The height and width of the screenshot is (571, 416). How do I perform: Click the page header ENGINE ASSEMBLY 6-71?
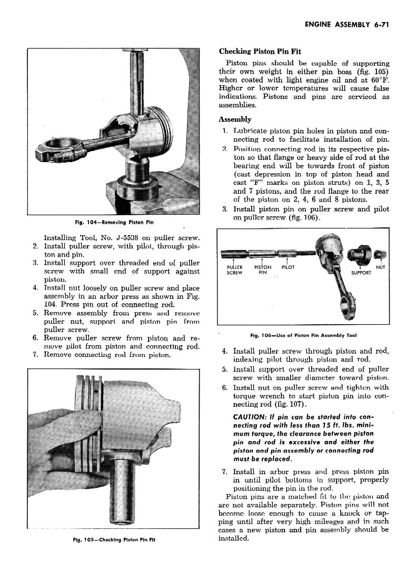pyautogui.click(x=346, y=24)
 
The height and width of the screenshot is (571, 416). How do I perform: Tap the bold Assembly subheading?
pyautogui.click(x=235, y=119)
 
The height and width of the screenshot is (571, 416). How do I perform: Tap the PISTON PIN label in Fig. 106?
pyautogui.click(x=262, y=270)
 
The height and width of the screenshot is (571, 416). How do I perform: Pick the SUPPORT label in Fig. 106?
pyautogui.click(x=361, y=273)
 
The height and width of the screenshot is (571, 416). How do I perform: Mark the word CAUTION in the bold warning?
pyautogui.click(x=250, y=417)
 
